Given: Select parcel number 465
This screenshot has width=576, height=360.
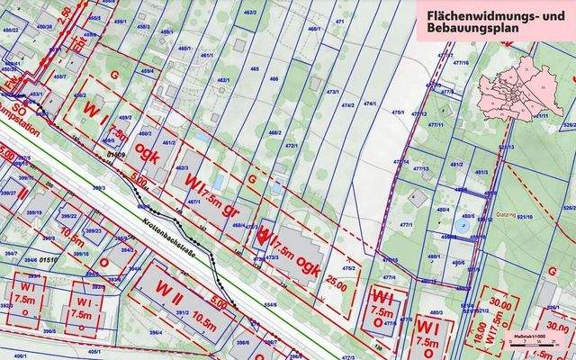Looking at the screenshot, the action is click(x=255, y=68).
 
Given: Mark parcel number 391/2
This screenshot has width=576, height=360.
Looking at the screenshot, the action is click(x=182, y=314).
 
